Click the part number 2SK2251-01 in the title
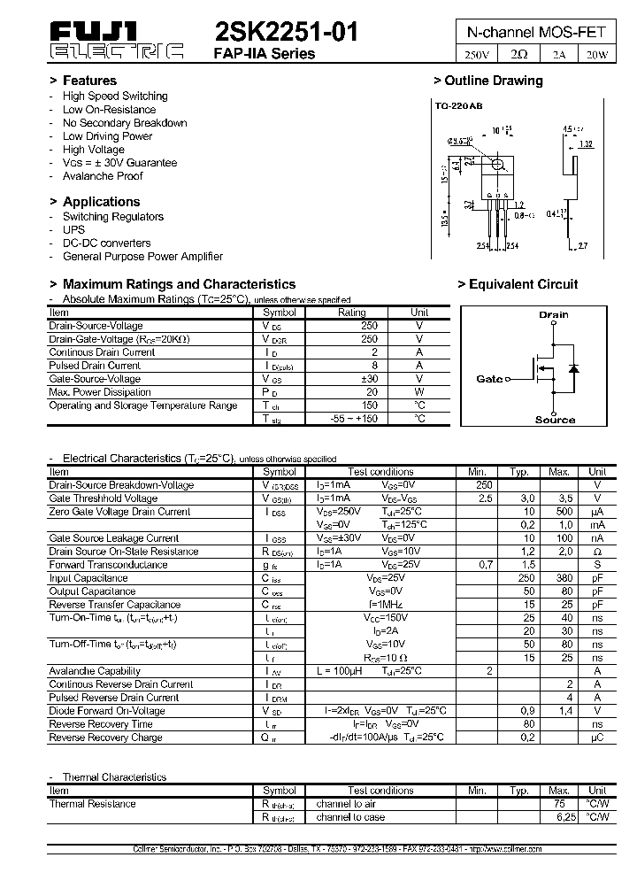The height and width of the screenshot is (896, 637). [x=287, y=33]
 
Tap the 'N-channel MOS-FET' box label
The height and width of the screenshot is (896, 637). [x=536, y=31]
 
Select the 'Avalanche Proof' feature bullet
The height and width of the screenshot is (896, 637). [x=103, y=176]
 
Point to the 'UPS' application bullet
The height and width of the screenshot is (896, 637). [x=73, y=229]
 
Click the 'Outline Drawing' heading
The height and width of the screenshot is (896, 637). [x=493, y=81]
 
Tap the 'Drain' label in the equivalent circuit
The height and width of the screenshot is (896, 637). [x=553, y=314]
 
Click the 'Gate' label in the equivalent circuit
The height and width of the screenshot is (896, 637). [x=489, y=379]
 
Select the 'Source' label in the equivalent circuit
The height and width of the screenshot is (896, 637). [x=555, y=420]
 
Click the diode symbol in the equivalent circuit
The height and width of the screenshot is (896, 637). [x=572, y=367]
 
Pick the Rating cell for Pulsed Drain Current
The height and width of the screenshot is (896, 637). [x=352, y=366]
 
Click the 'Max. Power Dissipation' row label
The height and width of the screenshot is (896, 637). [x=100, y=392]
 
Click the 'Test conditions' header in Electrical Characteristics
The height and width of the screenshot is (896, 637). [x=380, y=472]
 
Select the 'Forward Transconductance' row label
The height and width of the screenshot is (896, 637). [x=109, y=565]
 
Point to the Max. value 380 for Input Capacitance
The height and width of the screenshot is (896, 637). [x=559, y=578]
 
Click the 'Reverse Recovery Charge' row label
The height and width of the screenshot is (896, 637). [x=105, y=738]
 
